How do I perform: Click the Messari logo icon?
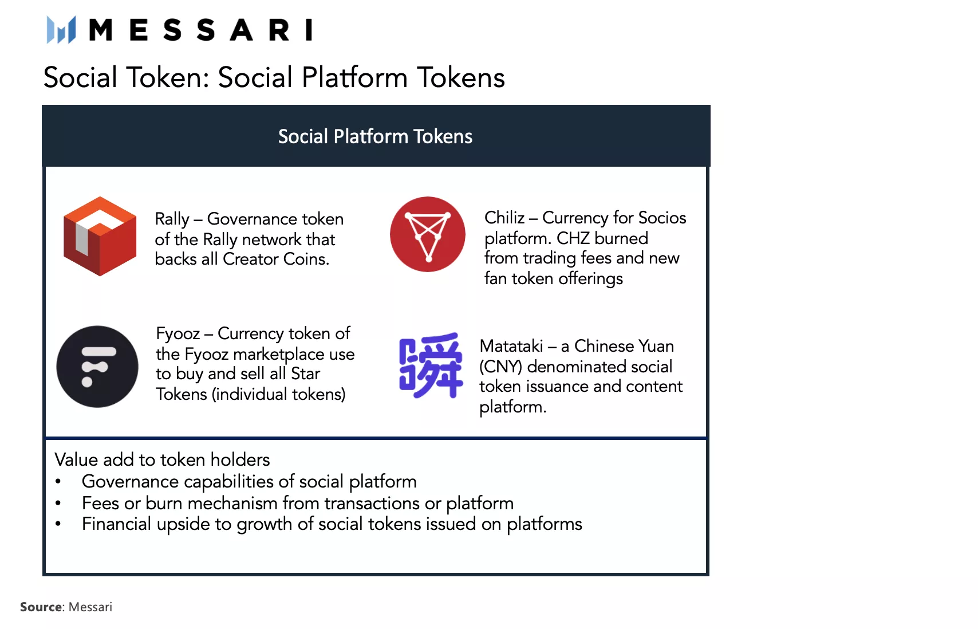[x=62, y=30]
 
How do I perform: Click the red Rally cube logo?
[x=100, y=237]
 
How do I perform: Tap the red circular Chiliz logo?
[x=427, y=234]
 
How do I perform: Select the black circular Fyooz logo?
[x=97, y=367]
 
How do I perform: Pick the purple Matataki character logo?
[x=431, y=365]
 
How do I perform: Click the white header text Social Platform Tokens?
[x=376, y=136]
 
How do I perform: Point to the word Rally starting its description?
[x=172, y=220]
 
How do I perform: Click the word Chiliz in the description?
[x=504, y=218]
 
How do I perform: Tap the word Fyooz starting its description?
[x=178, y=334]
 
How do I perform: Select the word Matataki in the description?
[x=511, y=346]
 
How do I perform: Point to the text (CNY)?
[x=500, y=367]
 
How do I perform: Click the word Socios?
[x=661, y=218]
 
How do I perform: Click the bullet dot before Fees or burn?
[x=58, y=503]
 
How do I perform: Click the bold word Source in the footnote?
[x=41, y=607]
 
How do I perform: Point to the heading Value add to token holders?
[x=162, y=459]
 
